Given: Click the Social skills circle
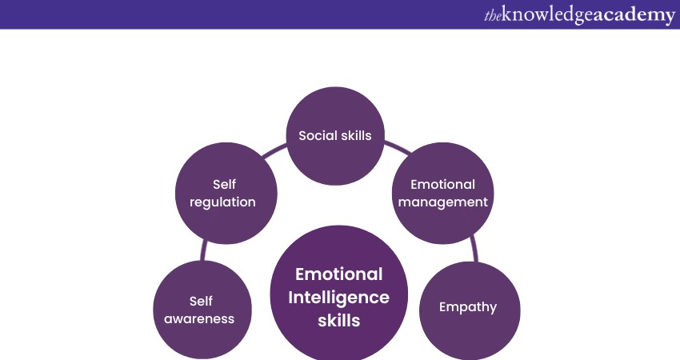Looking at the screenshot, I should pyautogui.click(x=335, y=135).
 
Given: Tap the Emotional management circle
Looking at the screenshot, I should pyautogui.click(x=442, y=193).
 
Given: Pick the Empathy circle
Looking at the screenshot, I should pyautogui.click(x=470, y=308).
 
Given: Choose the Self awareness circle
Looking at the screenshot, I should pyautogui.click(x=202, y=310).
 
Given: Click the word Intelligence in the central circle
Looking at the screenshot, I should pyautogui.click(x=339, y=298).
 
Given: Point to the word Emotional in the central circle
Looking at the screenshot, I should pyautogui.click(x=339, y=274).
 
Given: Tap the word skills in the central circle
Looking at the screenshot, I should pyautogui.click(x=339, y=321).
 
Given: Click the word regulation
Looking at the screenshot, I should pyautogui.click(x=223, y=202).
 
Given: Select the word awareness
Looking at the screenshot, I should pyautogui.click(x=200, y=318).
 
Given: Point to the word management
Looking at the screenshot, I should pyautogui.click(x=443, y=202).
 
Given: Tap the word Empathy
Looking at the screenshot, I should pyautogui.click(x=468, y=306).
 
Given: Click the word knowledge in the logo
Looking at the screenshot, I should pyautogui.click(x=546, y=15).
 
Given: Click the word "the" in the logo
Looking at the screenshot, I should pyautogui.click(x=494, y=15).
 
